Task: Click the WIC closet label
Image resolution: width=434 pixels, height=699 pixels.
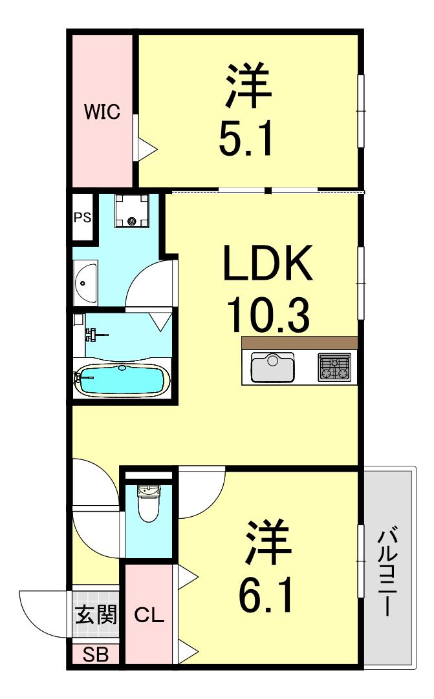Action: (x=102, y=111)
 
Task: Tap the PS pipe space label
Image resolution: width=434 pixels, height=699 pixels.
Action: (x=83, y=217)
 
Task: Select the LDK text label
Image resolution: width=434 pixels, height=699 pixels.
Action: (x=268, y=262)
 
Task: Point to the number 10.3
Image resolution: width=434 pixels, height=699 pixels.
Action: (x=268, y=315)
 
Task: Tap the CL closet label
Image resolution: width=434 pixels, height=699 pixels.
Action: (x=149, y=615)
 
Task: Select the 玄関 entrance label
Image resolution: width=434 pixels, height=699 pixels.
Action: (x=96, y=615)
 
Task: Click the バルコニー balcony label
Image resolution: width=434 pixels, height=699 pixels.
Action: (x=387, y=572)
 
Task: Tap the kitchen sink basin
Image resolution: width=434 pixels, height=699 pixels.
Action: (x=273, y=368)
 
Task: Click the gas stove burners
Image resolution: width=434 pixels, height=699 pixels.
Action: (x=334, y=367)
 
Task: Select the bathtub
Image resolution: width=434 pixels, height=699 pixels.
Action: (x=122, y=381)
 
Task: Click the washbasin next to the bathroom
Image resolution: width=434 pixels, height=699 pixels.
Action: (x=85, y=282)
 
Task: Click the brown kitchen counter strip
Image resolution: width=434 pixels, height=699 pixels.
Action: (x=299, y=343)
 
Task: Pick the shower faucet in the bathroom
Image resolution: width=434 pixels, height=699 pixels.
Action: (x=94, y=334)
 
